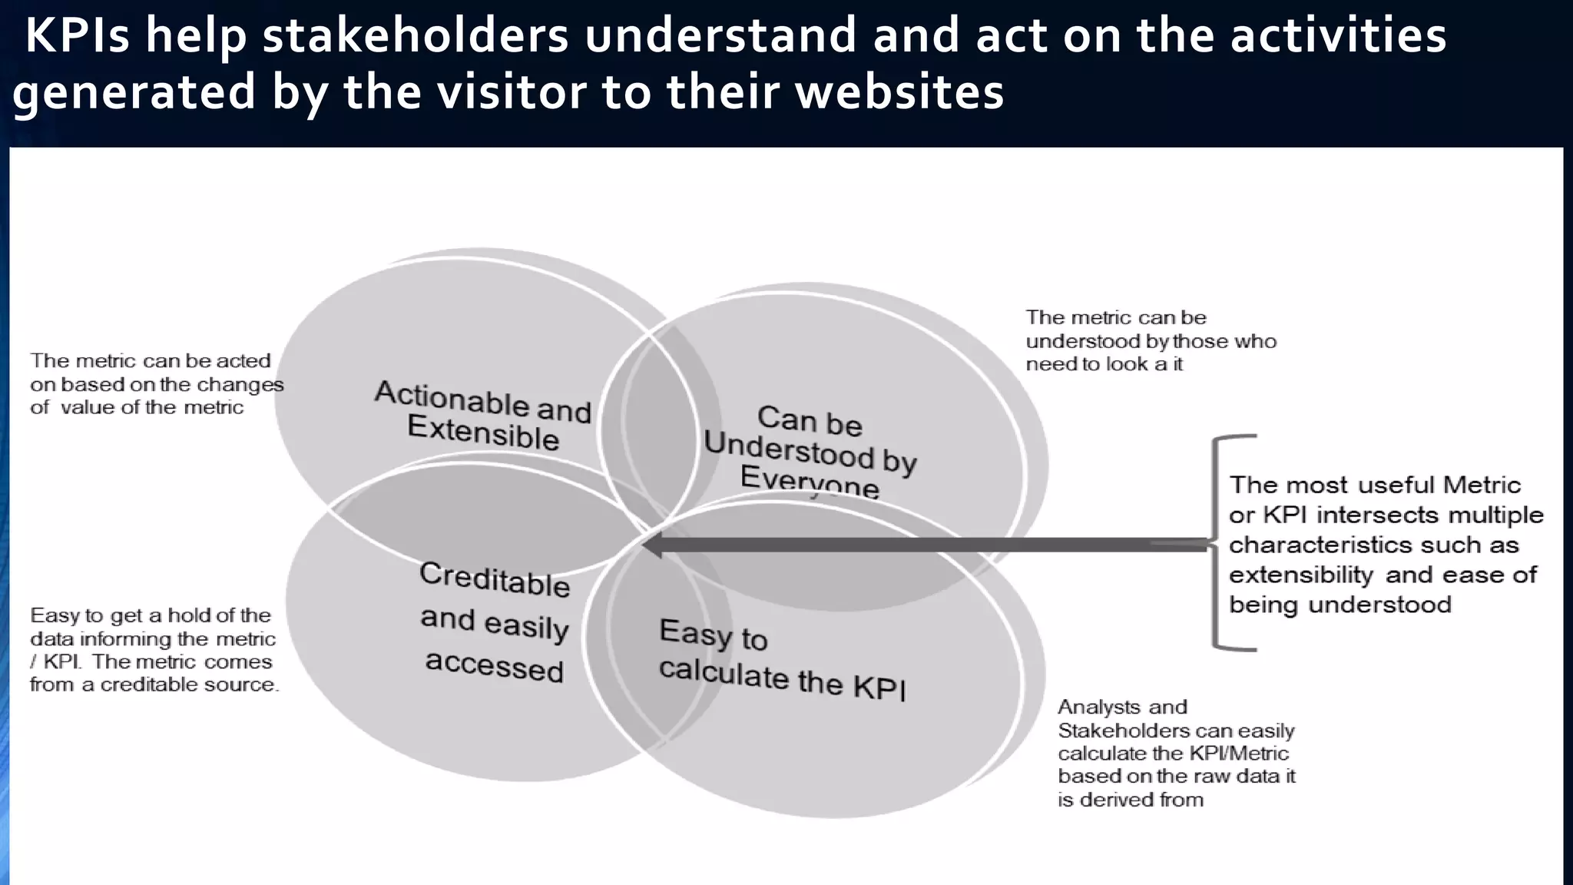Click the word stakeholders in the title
(415, 37)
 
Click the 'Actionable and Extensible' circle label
(483, 416)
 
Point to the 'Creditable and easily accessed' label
(495, 621)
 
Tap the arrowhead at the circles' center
(653, 546)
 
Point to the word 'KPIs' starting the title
(77, 37)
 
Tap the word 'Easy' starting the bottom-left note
(55, 616)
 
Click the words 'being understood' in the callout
(1340, 605)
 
